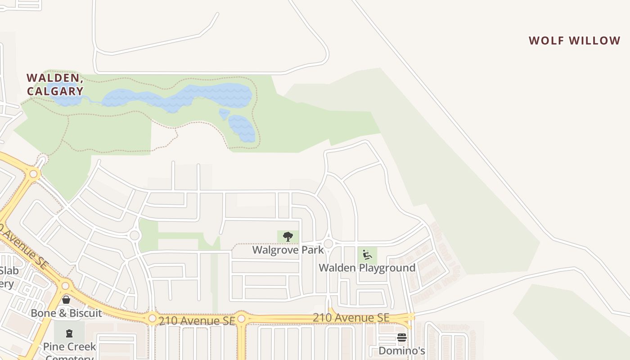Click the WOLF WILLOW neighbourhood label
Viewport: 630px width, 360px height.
(575, 40)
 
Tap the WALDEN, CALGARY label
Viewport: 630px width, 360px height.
(55, 85)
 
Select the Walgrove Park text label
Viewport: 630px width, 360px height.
(288, 250)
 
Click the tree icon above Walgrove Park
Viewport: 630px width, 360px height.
(288, 237)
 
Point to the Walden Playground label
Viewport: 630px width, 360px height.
(367, 268)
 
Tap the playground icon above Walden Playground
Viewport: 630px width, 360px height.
(368, 255)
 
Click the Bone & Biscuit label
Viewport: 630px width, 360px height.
(67, 313)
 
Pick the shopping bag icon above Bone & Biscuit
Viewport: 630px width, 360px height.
(66, 300)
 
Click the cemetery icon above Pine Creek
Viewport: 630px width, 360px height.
(69, 333)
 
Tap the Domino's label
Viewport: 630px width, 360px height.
(402, 351)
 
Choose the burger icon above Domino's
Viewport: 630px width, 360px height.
(402, 337)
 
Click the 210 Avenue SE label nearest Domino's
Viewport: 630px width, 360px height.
(351, 318)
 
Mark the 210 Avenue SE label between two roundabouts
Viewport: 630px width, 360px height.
(197, 320)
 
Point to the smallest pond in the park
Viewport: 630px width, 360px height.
(224, 113)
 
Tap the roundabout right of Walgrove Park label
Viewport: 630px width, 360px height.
(328, 243)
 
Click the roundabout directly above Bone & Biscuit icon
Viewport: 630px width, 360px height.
(66, 285)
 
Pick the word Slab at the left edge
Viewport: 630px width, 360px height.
(9, 270)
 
